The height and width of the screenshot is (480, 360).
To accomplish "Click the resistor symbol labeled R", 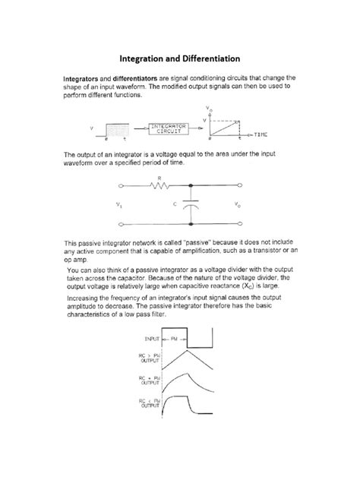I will [160, 187].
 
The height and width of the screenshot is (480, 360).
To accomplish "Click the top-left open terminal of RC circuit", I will [121, 187].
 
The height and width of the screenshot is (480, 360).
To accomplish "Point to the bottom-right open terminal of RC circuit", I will [241, 225].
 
